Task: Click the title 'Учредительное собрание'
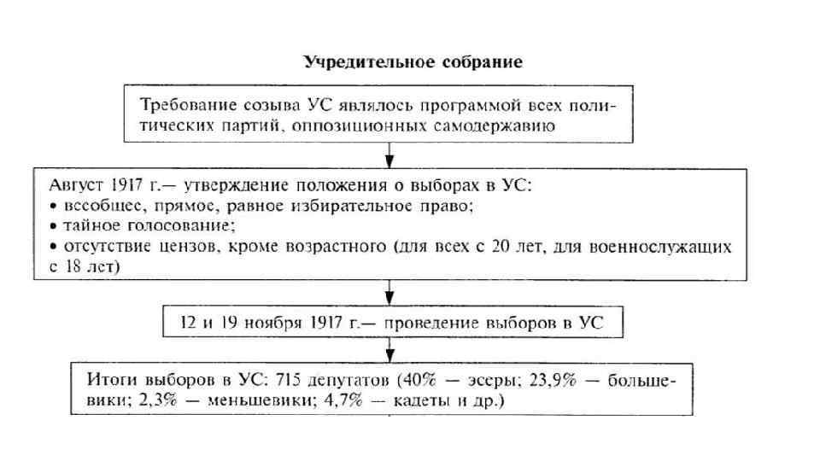(x=413, y=63)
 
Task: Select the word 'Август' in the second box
(x=60, y=186)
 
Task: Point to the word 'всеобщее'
(x=92, y=207)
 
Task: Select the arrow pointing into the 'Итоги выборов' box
(x=390, y=350)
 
